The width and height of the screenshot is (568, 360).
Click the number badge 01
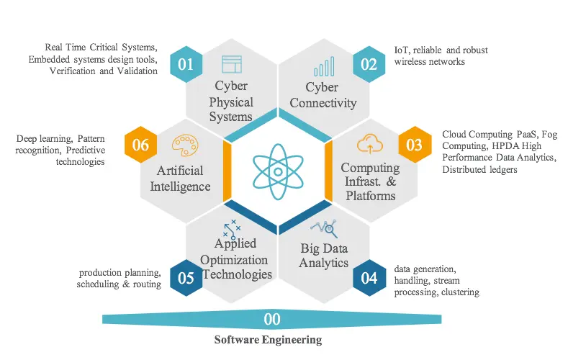(x=186, y=64)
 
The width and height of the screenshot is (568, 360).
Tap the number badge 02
(x=369, y=64)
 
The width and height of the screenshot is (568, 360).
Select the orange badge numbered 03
(x=414, y=145)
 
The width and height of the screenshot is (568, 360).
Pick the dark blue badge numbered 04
(x=369, y=277)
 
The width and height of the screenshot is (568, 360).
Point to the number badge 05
(x=186, y=277)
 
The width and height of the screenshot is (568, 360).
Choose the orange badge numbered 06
(x=140, y=145)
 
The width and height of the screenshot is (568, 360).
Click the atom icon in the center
(x=277, y=171)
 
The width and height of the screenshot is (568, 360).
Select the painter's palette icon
(x=184, y=145)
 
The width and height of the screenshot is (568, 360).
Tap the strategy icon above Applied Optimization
(x=232, y=228)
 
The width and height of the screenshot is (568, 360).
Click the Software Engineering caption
(x=269, y=339)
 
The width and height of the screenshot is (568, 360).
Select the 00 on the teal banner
(x=273, y=319)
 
